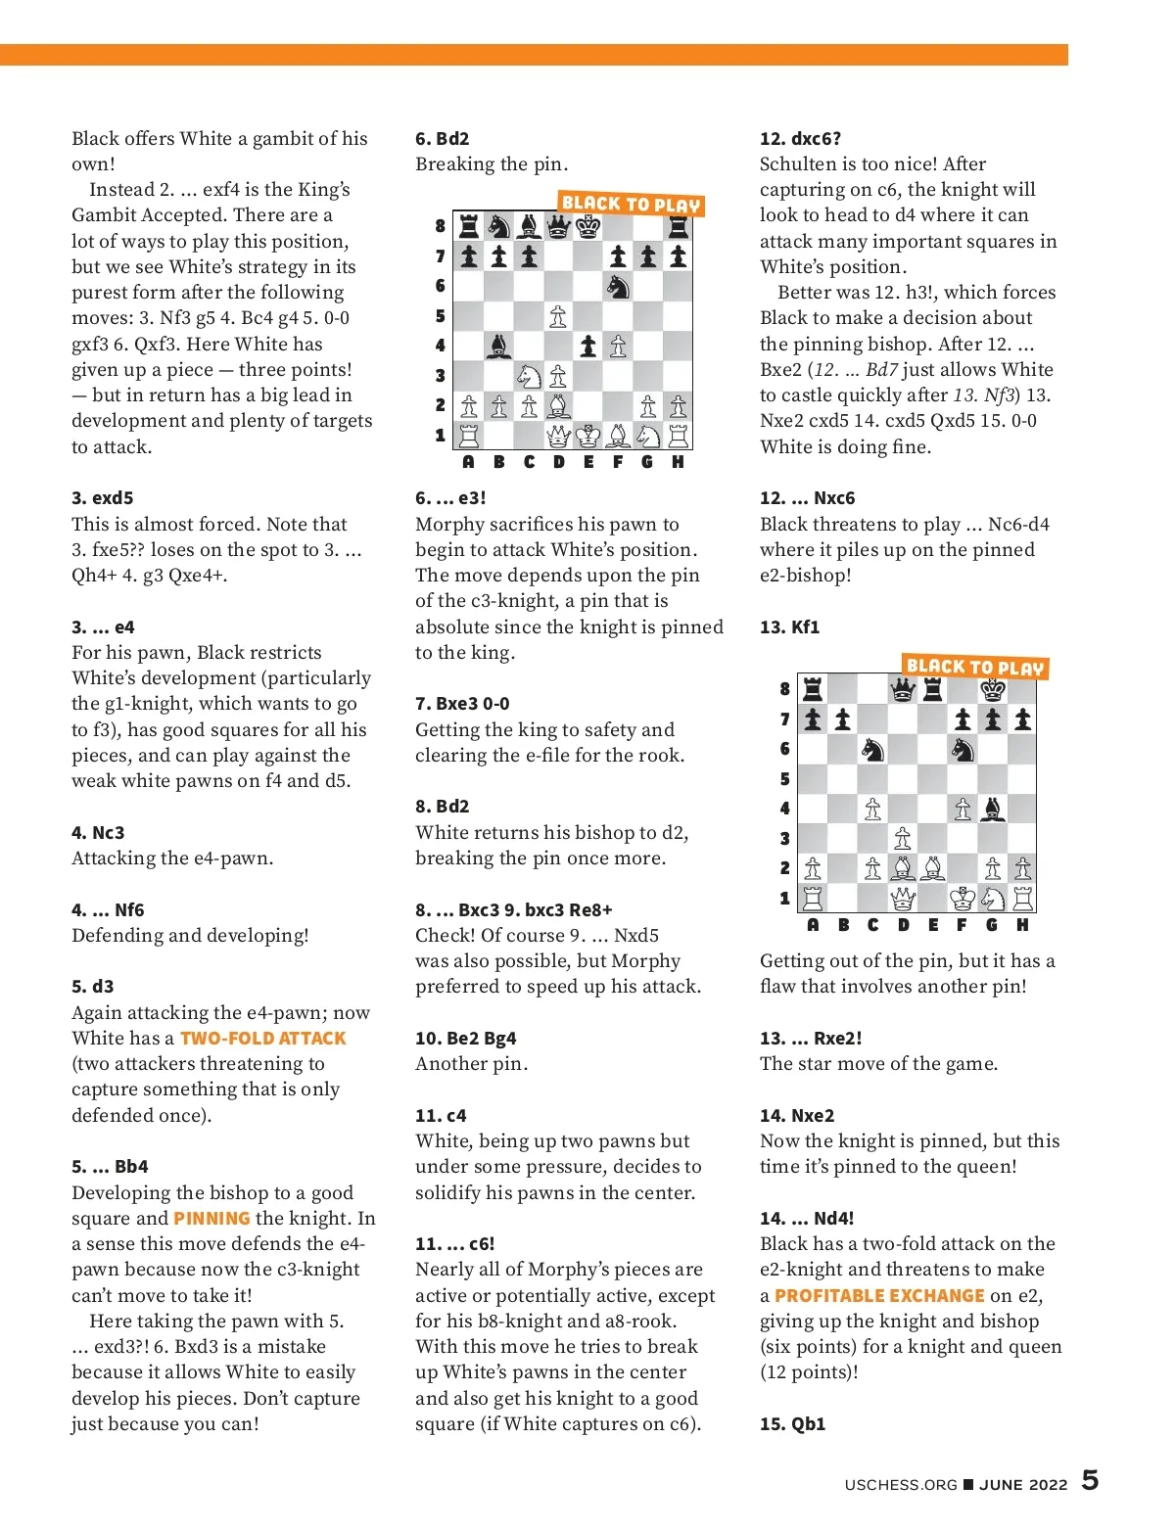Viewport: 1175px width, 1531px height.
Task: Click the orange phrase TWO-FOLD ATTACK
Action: click(x=262, y=1039)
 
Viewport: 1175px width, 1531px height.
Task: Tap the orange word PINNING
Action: click(x=211, y=1219)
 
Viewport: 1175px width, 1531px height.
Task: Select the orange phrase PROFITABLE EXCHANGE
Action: click(x=878, y=1296)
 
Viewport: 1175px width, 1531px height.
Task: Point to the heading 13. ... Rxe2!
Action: click(x=810, y=1039)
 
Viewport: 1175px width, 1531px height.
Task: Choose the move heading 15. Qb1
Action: click(x=792, y=1424)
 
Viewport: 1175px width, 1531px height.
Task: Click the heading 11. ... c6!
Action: click(x=454, y=1244)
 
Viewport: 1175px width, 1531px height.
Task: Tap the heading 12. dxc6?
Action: click(x=800, y=139)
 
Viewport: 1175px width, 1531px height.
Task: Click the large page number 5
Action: click(x=1090, y=1480)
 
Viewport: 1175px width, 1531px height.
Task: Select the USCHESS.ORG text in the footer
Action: click(x=900, y=1485)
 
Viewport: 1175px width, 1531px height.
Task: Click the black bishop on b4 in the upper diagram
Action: click(x=499, y=346)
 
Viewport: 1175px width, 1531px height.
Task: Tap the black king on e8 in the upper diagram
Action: click(x=588, y=227)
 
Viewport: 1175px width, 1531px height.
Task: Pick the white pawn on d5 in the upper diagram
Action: click(x=558, y=315)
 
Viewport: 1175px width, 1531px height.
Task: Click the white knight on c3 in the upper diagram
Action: click(x=529, y=376)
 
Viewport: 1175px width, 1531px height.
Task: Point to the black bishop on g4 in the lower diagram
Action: click(x=992, y=809)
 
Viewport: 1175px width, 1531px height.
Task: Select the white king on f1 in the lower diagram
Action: click(x=963, y=898)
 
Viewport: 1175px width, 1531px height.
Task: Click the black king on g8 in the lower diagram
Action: click(x=992, y=690)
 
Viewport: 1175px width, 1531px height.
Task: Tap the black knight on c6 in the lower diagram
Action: click(x=872, y=750)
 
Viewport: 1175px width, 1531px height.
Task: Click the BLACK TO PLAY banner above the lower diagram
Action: click(x=974, y=668)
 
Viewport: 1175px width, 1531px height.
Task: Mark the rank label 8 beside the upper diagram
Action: click(x=441, y=226)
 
